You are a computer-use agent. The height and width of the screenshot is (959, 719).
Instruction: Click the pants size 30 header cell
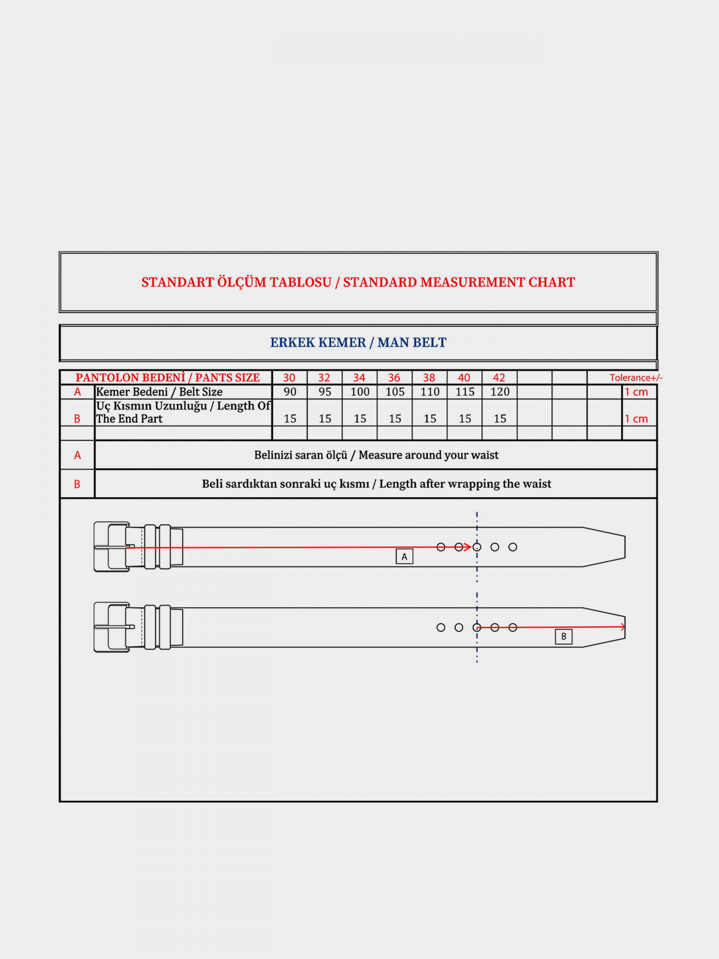[289, 378]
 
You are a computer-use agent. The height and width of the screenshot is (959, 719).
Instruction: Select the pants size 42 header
[499, 378]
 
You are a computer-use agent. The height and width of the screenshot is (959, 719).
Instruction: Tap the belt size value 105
[395, 392]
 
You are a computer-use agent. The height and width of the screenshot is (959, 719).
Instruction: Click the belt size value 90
[290, 392]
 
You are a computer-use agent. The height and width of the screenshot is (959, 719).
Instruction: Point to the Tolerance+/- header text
[636, 378]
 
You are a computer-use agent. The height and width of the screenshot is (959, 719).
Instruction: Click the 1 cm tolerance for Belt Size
[636, 392]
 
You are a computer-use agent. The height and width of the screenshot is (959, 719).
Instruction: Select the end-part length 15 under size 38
[430, 418]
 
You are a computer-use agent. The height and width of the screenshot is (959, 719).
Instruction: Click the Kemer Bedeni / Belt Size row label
[159, 392]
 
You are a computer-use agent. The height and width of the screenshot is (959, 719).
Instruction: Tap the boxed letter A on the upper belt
[404, 557]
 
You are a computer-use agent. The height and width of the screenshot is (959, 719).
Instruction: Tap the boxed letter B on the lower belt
[563, 636]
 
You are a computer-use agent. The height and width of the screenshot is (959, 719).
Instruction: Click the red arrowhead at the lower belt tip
[623, 627]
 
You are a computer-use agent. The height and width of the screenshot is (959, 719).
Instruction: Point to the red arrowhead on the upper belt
[468, 547]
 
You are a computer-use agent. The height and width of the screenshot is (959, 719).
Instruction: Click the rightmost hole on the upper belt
[513, 547]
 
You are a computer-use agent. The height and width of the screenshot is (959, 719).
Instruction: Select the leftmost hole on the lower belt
[441, 627]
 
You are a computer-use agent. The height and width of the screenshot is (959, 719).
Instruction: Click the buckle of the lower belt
[111, 627]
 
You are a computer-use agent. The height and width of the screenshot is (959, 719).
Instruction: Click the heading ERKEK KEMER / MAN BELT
[358, 342]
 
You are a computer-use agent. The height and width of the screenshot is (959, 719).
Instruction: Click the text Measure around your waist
[428, 455]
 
